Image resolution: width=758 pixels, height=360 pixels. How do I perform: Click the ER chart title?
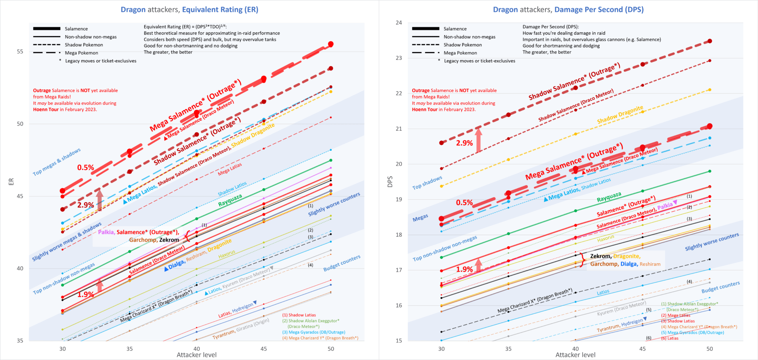[x=189, y=9]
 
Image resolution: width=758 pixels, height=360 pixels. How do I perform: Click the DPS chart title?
[x=568, y=9]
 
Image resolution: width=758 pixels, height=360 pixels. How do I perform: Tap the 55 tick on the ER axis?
[x=20, y=52]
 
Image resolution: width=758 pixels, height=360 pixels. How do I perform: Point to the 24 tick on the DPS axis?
[x=399, y=23]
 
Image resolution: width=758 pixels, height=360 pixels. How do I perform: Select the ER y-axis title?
[x=11, y=182]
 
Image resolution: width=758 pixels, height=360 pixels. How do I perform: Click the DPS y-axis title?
[x=390, y=182]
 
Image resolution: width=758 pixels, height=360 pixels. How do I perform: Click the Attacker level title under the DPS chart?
[x=575, y=355]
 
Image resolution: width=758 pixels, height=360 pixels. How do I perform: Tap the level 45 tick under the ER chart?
[x=264, y=349]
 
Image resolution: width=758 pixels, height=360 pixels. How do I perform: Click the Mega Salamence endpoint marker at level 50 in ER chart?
[x=331, y=44]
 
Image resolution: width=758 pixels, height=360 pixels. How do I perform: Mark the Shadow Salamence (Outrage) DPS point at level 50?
[x=710, y=41]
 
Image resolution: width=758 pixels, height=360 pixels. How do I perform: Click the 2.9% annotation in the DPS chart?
[x=464, y=143]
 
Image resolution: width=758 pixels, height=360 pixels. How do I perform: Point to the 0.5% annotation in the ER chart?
[x=86, y=168]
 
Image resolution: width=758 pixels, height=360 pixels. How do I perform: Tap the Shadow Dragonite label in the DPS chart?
[x=620, y=114]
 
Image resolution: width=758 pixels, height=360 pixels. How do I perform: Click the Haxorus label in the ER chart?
[x=227, y=254]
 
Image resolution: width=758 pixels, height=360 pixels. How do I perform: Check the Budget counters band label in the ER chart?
[x=341, y=263]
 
